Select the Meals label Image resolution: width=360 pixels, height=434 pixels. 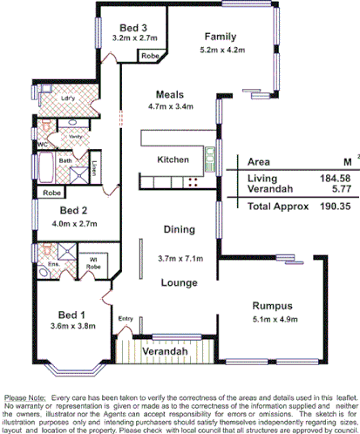[x=169, y=94]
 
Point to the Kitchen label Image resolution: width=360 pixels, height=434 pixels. [x=173, y=160]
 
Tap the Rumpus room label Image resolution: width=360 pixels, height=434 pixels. [x=274, y=305]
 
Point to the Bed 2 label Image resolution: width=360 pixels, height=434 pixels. [x=75, y=211]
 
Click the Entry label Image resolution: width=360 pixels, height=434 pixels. [x=126, y=318]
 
